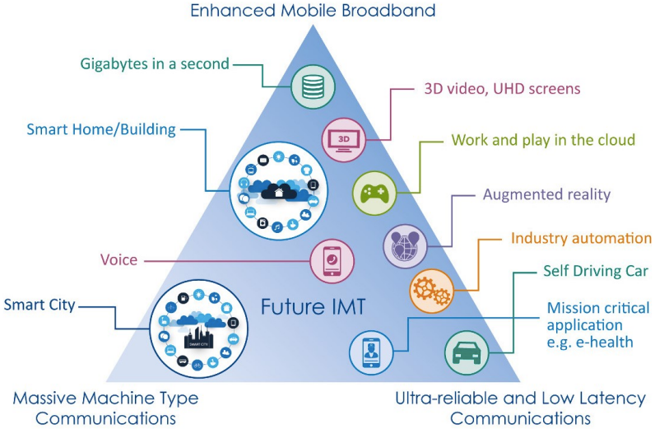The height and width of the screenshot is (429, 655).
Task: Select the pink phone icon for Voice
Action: click(332, 261)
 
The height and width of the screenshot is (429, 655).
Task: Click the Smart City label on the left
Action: click(39, 305)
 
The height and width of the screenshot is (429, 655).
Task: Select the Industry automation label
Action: click(581, 239)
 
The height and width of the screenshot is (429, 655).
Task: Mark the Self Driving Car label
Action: click(596, 270)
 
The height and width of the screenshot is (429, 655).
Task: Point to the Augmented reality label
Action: click(546, 195)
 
